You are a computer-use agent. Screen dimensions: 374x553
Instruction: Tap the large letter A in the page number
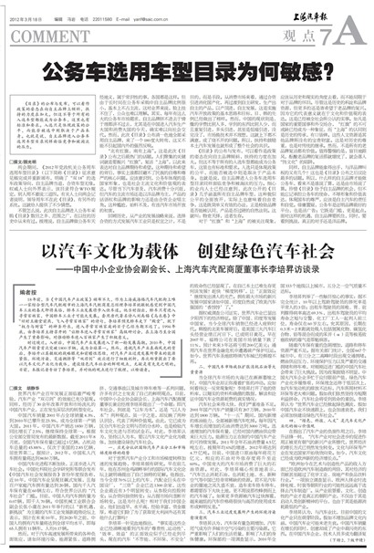(x=356, y=34)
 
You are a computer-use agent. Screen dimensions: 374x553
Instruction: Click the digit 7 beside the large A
(x=334, y=33)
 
